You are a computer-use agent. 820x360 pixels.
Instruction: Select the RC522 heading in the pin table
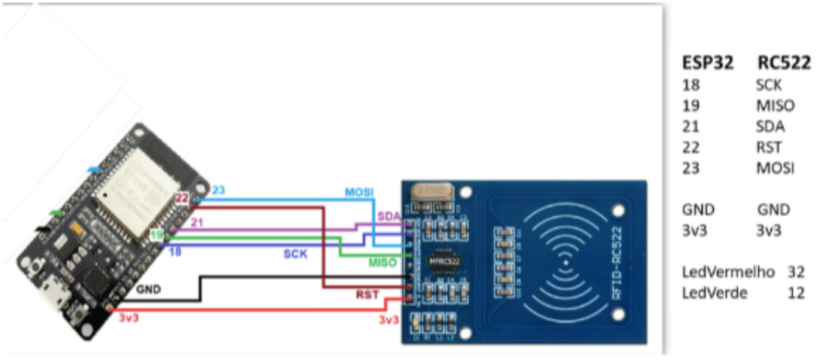coord(784,63)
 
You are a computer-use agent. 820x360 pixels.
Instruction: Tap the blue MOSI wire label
coord(358,193)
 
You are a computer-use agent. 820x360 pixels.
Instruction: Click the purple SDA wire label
coord(389,217)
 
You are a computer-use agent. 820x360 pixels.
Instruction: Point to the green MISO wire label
coord(383,262)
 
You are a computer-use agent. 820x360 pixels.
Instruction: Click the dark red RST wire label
coord(369,294)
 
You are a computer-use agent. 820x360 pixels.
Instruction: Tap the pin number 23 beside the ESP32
coord(219,191)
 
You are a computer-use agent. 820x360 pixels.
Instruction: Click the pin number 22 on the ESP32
coord(181,198)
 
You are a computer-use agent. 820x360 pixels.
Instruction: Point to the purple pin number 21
coord(197,222)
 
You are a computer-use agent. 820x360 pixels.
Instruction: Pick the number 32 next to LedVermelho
coord(796,272)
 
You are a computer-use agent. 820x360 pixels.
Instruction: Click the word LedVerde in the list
coord(715,293)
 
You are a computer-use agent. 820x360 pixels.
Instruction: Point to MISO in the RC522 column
coord(775,105)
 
